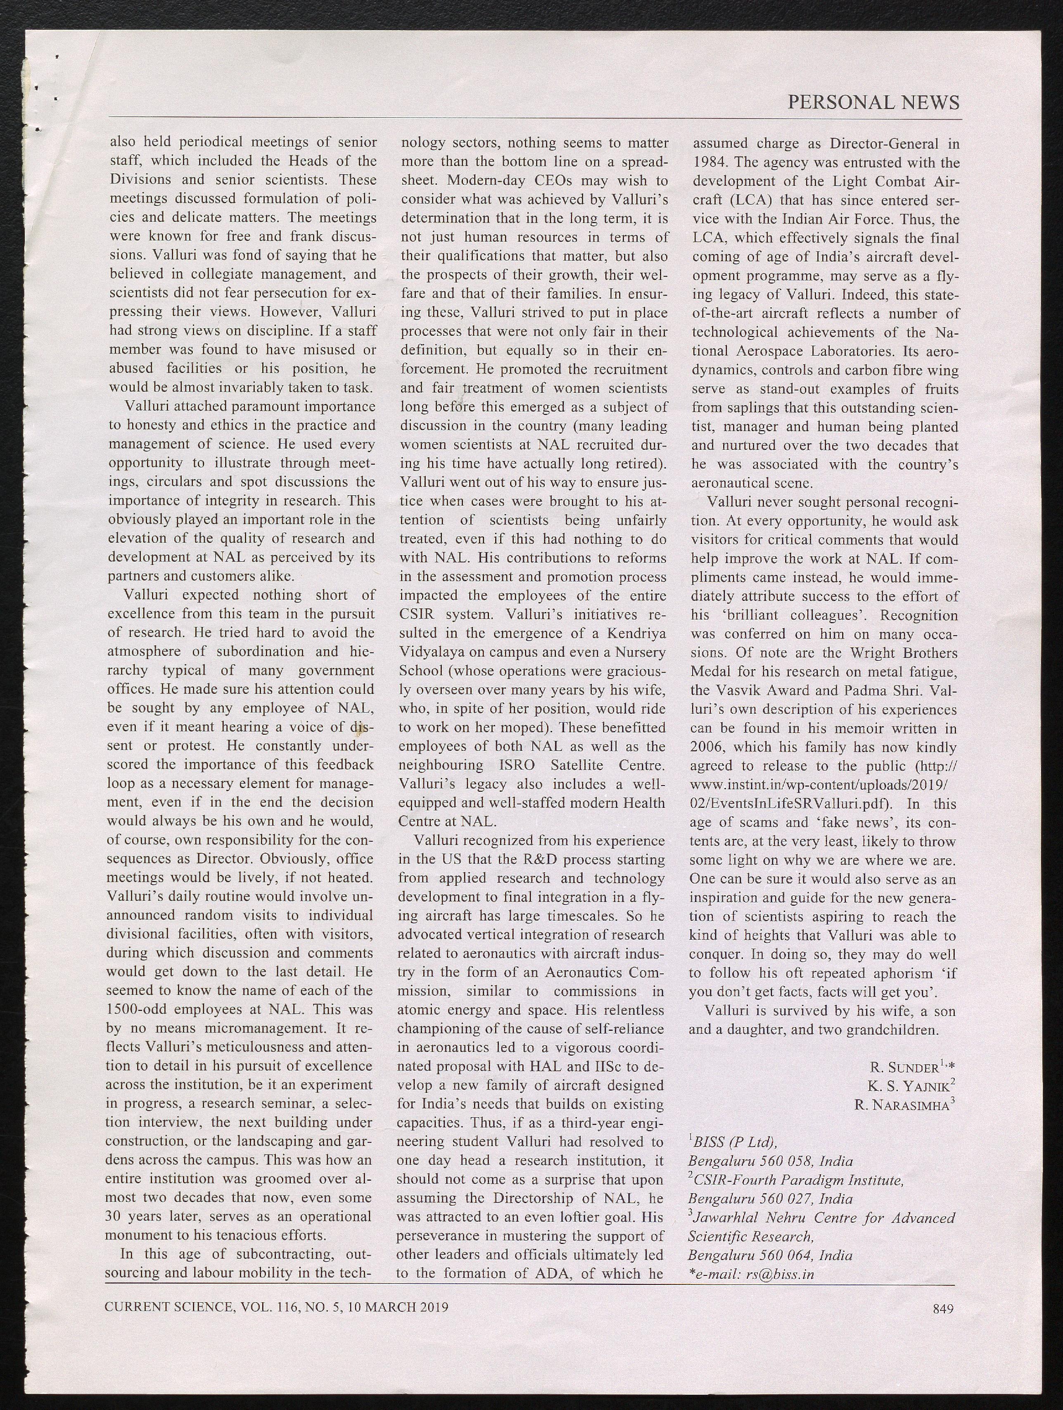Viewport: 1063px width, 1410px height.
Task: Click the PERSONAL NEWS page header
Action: [x=873, y=102]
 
